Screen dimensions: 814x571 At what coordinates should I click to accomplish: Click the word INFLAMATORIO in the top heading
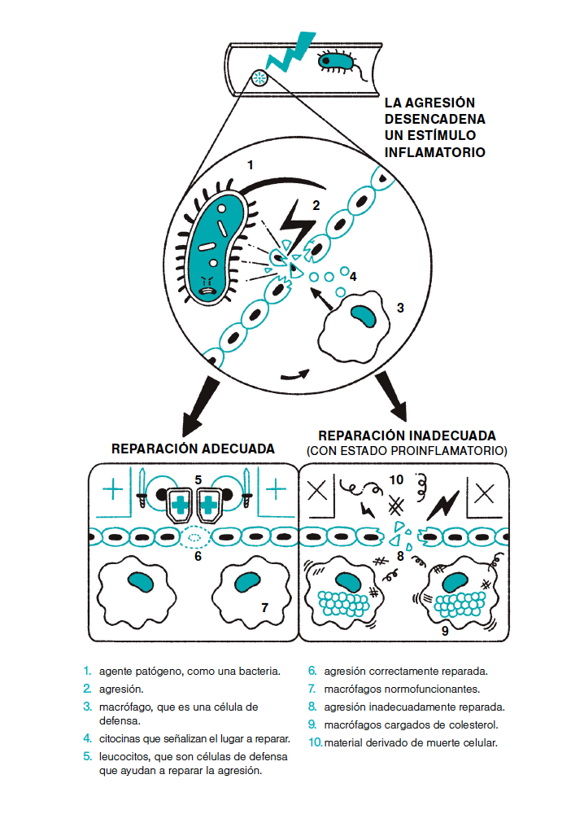point(434,152)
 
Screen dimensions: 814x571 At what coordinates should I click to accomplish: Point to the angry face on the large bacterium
point(208,282)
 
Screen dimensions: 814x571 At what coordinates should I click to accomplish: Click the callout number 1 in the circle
point(251,164)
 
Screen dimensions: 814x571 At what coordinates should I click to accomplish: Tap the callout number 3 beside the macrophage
point(399,308)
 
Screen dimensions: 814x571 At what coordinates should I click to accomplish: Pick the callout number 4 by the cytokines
point(353,276)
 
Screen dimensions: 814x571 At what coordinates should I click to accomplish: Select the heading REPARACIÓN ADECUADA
point(193,449)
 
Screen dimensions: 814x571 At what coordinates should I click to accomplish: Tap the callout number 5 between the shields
point(198,479)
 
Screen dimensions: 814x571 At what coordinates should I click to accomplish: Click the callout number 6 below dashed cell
point(198,556)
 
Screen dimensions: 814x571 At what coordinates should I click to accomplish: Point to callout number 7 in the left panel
point(264,607)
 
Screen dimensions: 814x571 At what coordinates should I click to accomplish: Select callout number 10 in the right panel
point(396,479)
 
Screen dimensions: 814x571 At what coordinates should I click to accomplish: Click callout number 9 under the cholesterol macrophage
point(444,629)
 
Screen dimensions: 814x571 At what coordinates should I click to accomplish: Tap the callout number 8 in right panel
point(399,556)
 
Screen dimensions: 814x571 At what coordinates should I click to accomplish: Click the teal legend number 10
point(315,742)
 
